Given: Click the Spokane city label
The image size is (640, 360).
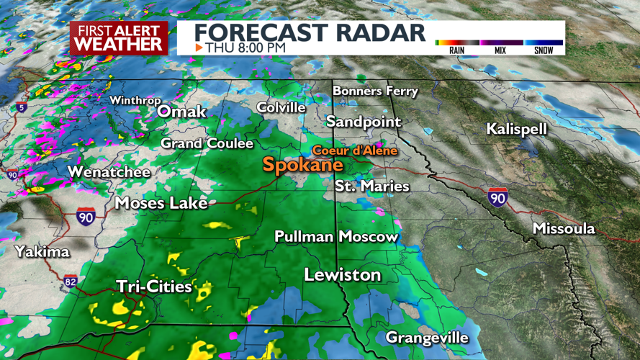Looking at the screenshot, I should pyautogui.click(x=302, y=164).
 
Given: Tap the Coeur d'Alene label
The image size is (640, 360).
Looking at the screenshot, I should pyautogui.click(x=346, y=150).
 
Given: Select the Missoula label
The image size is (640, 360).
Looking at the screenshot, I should pyautogui.click(x=564, y=228).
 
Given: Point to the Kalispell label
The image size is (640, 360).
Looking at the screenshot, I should pyautogui.click(x=517, y=129).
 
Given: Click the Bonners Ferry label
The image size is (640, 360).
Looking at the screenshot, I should pyautogui.click(x=375, y=91).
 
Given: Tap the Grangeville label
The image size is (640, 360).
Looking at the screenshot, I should pyautogui.click(x=427, y=337).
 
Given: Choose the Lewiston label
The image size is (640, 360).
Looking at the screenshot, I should pyautogui.click(x=342, y=275).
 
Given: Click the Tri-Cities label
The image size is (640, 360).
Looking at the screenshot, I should pyautogui.click(x=155, y=287).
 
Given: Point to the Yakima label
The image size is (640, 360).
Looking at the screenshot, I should pyautogui.click(x=42, y=251).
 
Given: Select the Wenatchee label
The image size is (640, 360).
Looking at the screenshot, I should pyautogui.click(x=109, y=172).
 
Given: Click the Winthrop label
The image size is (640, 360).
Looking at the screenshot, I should pyautogui.click(x=135, y=101).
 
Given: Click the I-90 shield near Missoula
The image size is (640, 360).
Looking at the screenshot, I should pyautogui.click(x=497, y=197).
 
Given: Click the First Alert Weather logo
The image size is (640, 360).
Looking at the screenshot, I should pyautogui.click(x=119, y=37).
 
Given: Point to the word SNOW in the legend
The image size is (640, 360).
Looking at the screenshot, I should pyautogui.click(x=544, y=50).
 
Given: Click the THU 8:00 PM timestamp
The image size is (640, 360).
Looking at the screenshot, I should pyautogui.click(x=245, y=48).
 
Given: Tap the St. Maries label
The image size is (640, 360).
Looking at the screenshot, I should pyautogui.click(x=372, y=186).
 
